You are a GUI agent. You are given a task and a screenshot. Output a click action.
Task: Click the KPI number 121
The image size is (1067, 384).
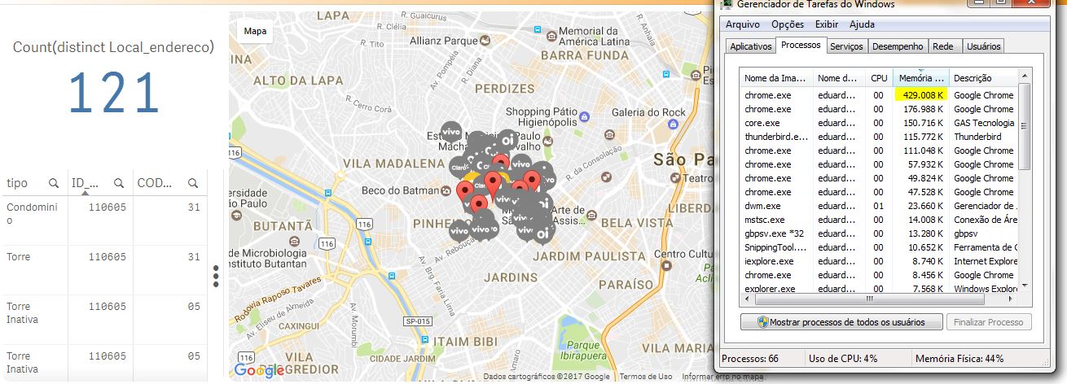(x=113, y=93)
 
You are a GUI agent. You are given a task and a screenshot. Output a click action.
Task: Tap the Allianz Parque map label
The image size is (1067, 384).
(x=443, y=40)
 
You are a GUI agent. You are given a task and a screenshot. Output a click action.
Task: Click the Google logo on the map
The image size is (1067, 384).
(x=259, y=370)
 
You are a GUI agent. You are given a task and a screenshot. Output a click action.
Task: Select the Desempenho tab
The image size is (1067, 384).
(x=898, y=46)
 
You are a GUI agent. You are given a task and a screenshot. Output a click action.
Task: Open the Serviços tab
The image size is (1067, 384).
(x=846, y=46)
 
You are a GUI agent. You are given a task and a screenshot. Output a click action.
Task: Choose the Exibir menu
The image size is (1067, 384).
(x=827, y=24)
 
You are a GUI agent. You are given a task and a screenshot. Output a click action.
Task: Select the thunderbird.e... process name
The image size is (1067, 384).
(x=776, y=137)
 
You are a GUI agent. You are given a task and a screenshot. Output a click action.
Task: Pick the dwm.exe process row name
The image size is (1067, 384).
(x=762, y=206)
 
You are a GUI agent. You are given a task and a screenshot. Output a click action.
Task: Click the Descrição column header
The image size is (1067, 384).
(x=973, y=78)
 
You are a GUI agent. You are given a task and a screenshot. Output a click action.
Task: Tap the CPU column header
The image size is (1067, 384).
(x=879, y=78)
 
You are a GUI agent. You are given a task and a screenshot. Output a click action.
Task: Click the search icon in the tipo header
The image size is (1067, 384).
(x=53, y=183)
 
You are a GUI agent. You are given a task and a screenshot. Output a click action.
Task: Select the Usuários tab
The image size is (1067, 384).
(x=984, y=46)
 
